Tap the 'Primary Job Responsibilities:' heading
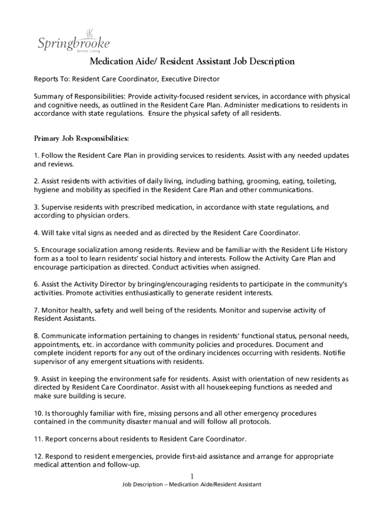(x=81, y=138)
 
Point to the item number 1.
(x=36, y=156)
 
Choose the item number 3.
(x=36, y=207)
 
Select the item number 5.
(x=36, y=250)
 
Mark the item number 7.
(x=36, y=310)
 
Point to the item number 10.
(x=38, y=414)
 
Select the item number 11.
(x=38, y=440)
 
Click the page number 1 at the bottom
(x=192, y=476)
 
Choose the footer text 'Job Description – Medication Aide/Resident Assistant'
(x=192, y=485)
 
